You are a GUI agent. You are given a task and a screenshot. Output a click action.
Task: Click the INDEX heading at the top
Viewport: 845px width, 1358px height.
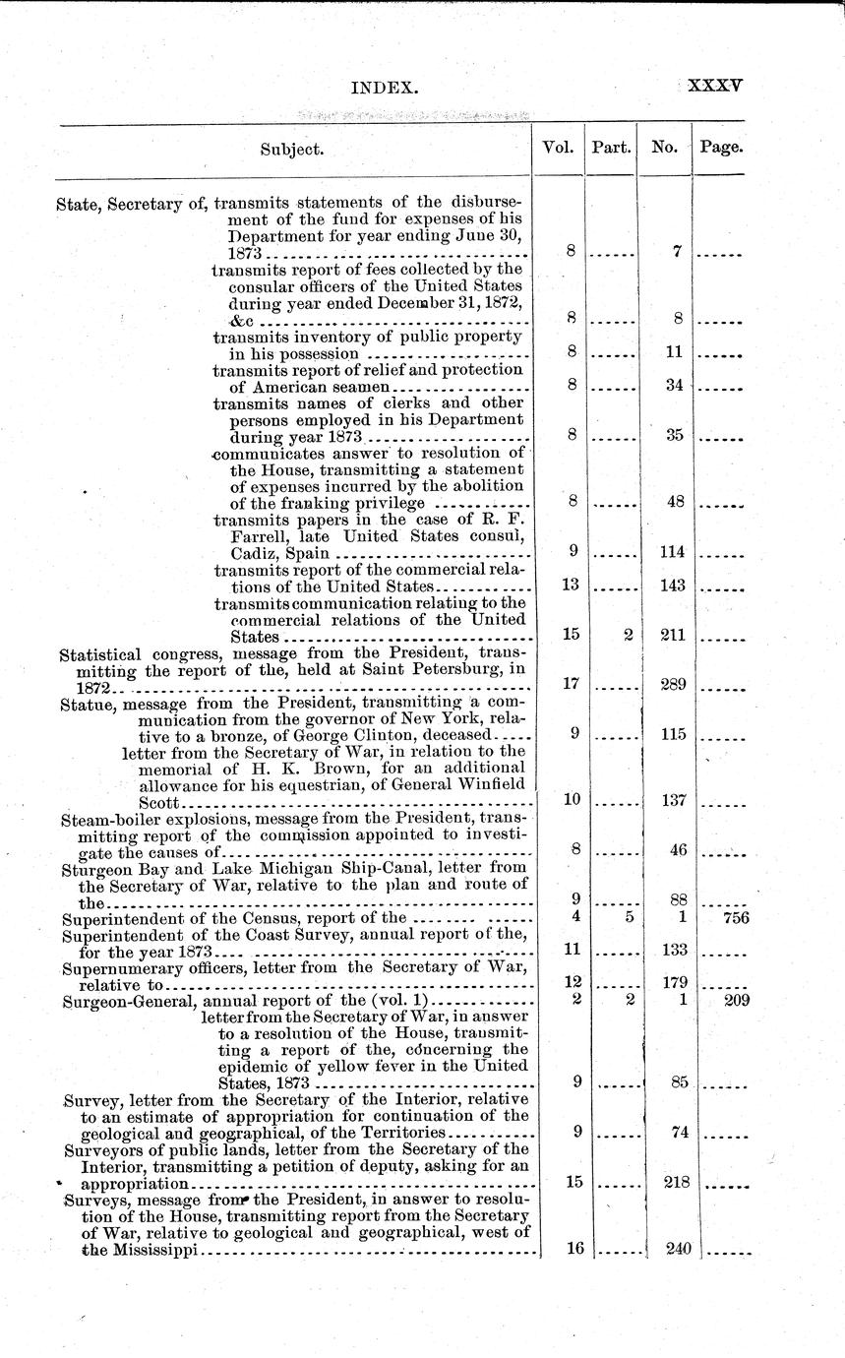click(385, 88)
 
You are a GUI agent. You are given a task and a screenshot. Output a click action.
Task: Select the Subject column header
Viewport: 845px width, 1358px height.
click(292, 150)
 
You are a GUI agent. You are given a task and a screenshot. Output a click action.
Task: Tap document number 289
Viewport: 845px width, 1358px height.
click(673, 682)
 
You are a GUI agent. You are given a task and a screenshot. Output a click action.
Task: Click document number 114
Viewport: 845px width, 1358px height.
click(673, 552)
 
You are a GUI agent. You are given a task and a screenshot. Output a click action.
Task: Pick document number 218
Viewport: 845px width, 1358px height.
click(676, 1181)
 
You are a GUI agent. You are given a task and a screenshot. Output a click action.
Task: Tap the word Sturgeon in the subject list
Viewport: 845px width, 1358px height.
click(93, 869)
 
